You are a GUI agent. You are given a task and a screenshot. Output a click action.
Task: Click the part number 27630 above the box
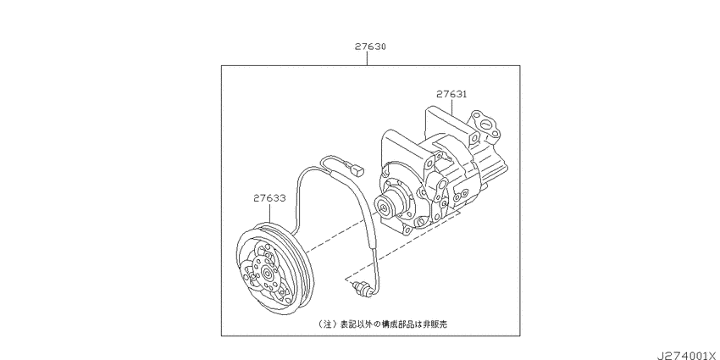point(370,47)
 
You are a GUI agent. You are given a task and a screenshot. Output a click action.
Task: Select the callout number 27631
point(451,94)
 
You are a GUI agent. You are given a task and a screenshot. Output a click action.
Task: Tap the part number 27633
point(269,198)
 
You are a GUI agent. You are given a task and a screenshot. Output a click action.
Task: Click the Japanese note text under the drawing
point(383,324)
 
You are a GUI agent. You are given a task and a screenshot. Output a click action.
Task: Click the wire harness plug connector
point(357,170)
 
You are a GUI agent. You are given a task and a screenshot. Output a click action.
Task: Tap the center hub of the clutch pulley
point(267,274)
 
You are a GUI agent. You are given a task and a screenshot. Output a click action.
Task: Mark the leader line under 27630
point(367,58)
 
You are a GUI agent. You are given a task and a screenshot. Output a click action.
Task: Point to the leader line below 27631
point(451,107)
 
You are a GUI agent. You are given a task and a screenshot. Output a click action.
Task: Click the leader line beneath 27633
point(269,213)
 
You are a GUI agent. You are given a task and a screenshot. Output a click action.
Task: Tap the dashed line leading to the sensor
point(402,245)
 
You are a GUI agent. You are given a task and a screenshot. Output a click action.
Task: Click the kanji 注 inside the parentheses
point(327,324)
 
